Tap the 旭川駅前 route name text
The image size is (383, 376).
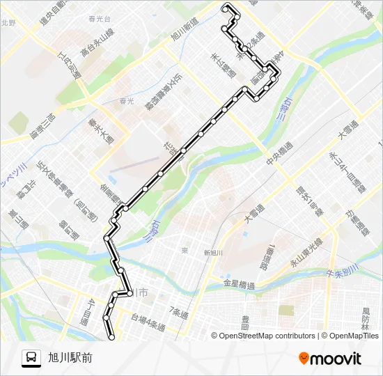70,357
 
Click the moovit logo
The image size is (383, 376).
330,358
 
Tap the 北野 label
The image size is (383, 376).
8,22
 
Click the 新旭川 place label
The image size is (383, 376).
212,253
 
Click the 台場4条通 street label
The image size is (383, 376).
148,322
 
